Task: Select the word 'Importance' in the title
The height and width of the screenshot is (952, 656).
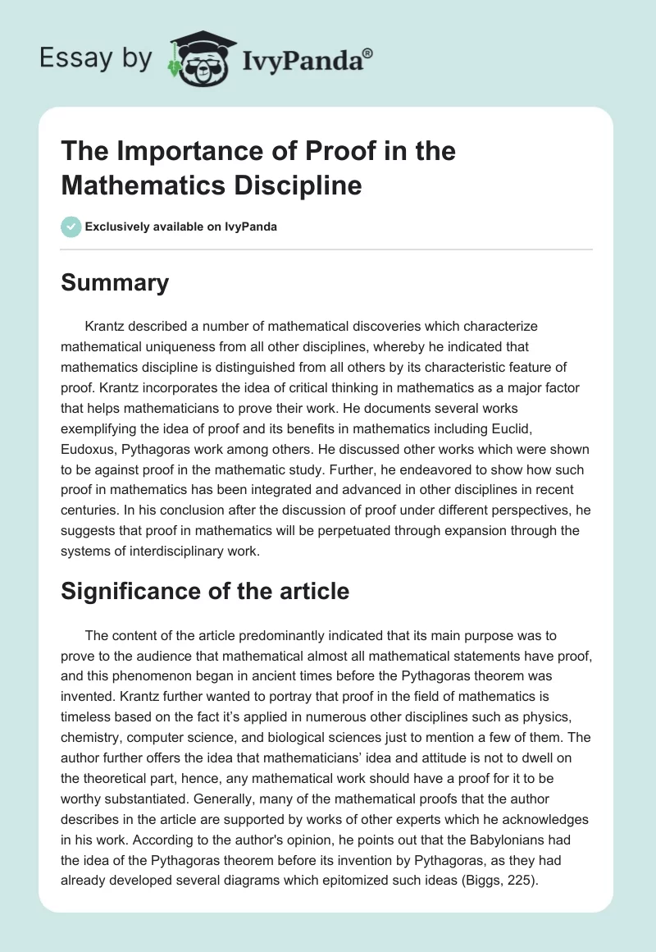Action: point(175,152)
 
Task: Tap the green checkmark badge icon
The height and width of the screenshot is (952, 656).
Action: point(71,227)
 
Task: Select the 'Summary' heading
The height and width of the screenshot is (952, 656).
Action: point(115,282)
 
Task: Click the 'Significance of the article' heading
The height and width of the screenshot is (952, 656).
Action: point(205,591)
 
